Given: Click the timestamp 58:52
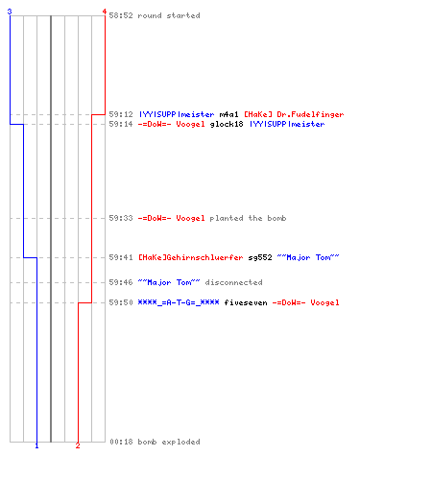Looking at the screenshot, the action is pyautogui.click(x=121, y=15).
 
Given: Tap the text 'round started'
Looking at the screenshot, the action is pyautogui.click(x=169, y=15).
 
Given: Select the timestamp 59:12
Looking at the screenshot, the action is pyautogui.click(x=121, y=114).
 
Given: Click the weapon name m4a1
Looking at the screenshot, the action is pyautogui.click(x=228, y=114).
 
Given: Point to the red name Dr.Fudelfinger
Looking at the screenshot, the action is pyautogui.click(x=310, y=114).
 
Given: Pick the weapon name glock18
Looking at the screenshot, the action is pyautogui.click(x=227, y=124).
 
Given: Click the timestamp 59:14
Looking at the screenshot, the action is pyautogui.click(x=121, y=124).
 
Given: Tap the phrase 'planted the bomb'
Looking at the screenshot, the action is pyautogui.click(x=248, y=218).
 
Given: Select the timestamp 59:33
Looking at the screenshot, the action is pyautogui.click(x=121, y=218).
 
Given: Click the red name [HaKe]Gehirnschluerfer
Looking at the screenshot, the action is pyautogui.click(x=191, y=257).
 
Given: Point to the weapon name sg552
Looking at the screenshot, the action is pyautogui.click(x=260, y=257).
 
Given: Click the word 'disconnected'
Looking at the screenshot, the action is pyautogui.click(x=234, y=282).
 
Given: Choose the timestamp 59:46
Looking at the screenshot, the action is pyautogui.click(x=121, y=282).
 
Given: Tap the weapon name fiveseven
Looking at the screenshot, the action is pyautogui.click(x=246, y=302).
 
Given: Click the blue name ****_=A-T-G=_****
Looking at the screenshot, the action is pyautogui.click(x=179, y=302).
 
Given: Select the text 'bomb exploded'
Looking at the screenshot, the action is pyautogui.click(x=169, y=442).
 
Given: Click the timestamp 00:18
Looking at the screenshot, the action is pyautogui.click(x=121, y=442).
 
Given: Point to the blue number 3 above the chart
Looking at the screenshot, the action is pyautogui.click(x=10, y=12).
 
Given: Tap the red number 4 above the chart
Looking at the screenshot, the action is pyautogui.click(x=105, y=12).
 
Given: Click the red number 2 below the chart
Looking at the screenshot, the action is pyautogui.click(x=78, y=445).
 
